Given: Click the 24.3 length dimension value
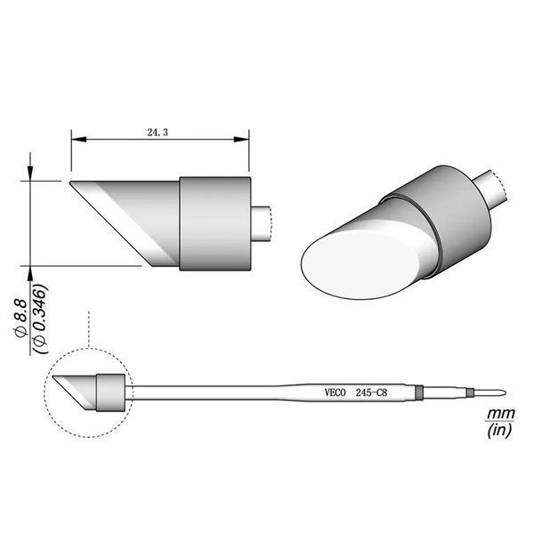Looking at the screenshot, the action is point(158,133).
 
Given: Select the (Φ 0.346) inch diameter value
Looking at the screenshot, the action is point(41,319).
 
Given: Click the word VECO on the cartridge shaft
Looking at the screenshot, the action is point(336,392).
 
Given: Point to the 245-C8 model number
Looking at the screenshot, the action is point(371,392).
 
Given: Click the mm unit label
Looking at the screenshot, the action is point(500,414).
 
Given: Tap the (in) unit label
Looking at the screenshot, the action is point(499,431).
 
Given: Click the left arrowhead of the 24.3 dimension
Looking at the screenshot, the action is point(78,140).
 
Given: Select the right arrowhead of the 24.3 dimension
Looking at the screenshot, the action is point(241,140).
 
